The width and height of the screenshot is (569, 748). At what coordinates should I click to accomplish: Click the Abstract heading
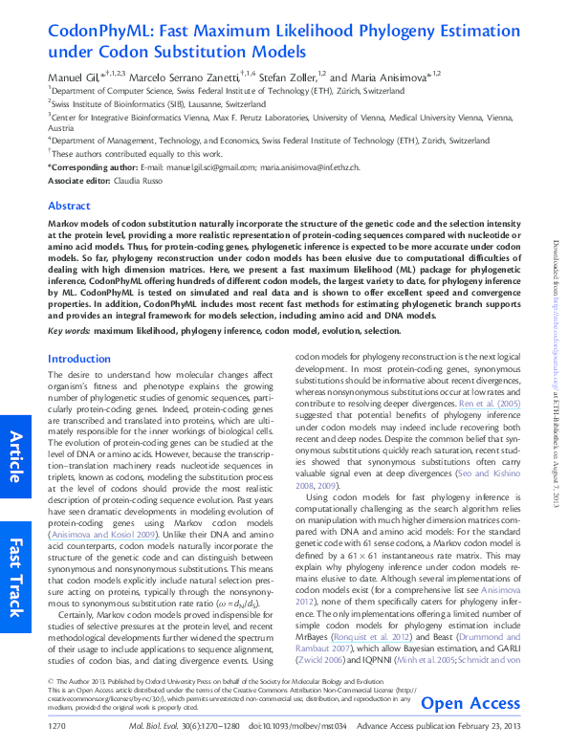(x=69, y=206)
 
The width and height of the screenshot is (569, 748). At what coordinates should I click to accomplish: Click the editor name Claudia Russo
(x=142, y=180)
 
